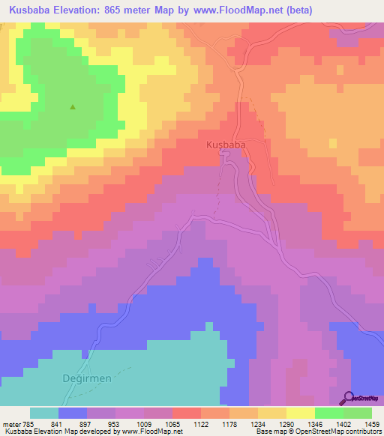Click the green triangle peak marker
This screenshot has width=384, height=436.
point(73,107)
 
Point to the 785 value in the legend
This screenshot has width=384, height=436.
point(29,424)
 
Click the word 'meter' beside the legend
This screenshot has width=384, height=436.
point(10,424)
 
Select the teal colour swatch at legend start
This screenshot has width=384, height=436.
point(44,413)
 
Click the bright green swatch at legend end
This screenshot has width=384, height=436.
point(358,413)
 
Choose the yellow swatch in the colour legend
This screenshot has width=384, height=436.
point(300,413)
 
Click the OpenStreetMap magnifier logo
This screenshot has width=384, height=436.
point(348,398)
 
